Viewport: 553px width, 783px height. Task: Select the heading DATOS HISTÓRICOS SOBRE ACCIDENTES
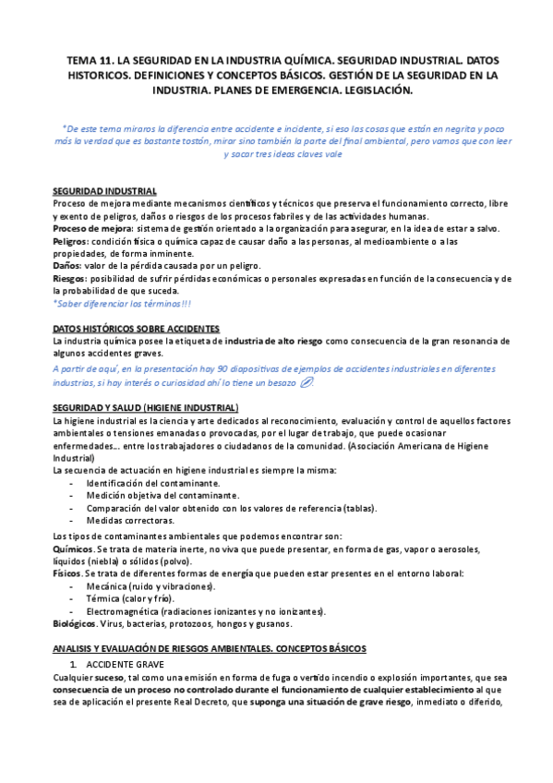pos(137,328)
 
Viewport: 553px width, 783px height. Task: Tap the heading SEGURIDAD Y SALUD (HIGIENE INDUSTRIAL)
pos(146,408)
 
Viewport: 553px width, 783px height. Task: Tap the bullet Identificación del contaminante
pos(153,483)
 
